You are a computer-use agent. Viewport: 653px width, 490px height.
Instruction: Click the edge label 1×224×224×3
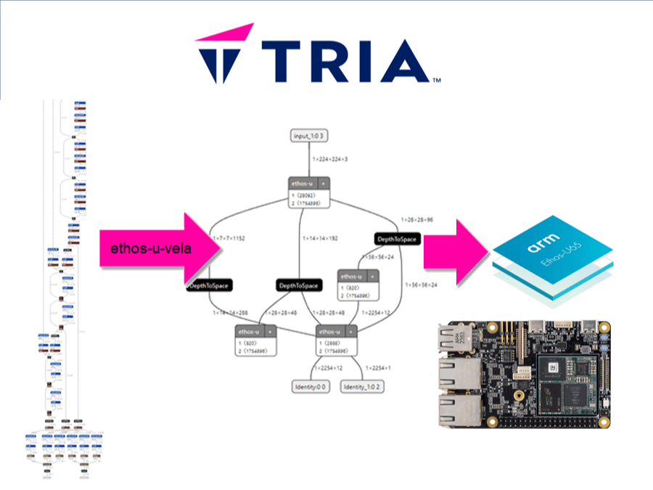[329, 158]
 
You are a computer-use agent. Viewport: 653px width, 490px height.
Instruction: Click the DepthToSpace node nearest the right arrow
[396, 239]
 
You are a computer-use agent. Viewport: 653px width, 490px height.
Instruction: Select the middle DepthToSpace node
[298, 285]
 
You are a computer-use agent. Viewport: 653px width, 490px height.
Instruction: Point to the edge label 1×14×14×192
[320, 237]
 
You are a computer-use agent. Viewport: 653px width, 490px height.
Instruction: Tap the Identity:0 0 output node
[311, 387]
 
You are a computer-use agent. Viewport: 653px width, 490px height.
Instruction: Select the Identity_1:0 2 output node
[362, 387]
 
